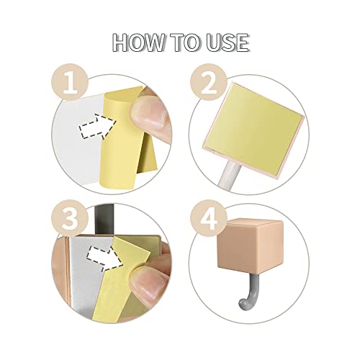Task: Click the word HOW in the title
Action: coord(138,42)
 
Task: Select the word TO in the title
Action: coord(185,42)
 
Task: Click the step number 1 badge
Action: coord(70,82)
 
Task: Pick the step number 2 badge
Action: coord(209,82)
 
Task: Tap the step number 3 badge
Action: coord(70,218)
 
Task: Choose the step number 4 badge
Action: coord(209,218)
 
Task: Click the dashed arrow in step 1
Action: coord(98,127)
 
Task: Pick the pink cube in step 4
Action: coord(251,246)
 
